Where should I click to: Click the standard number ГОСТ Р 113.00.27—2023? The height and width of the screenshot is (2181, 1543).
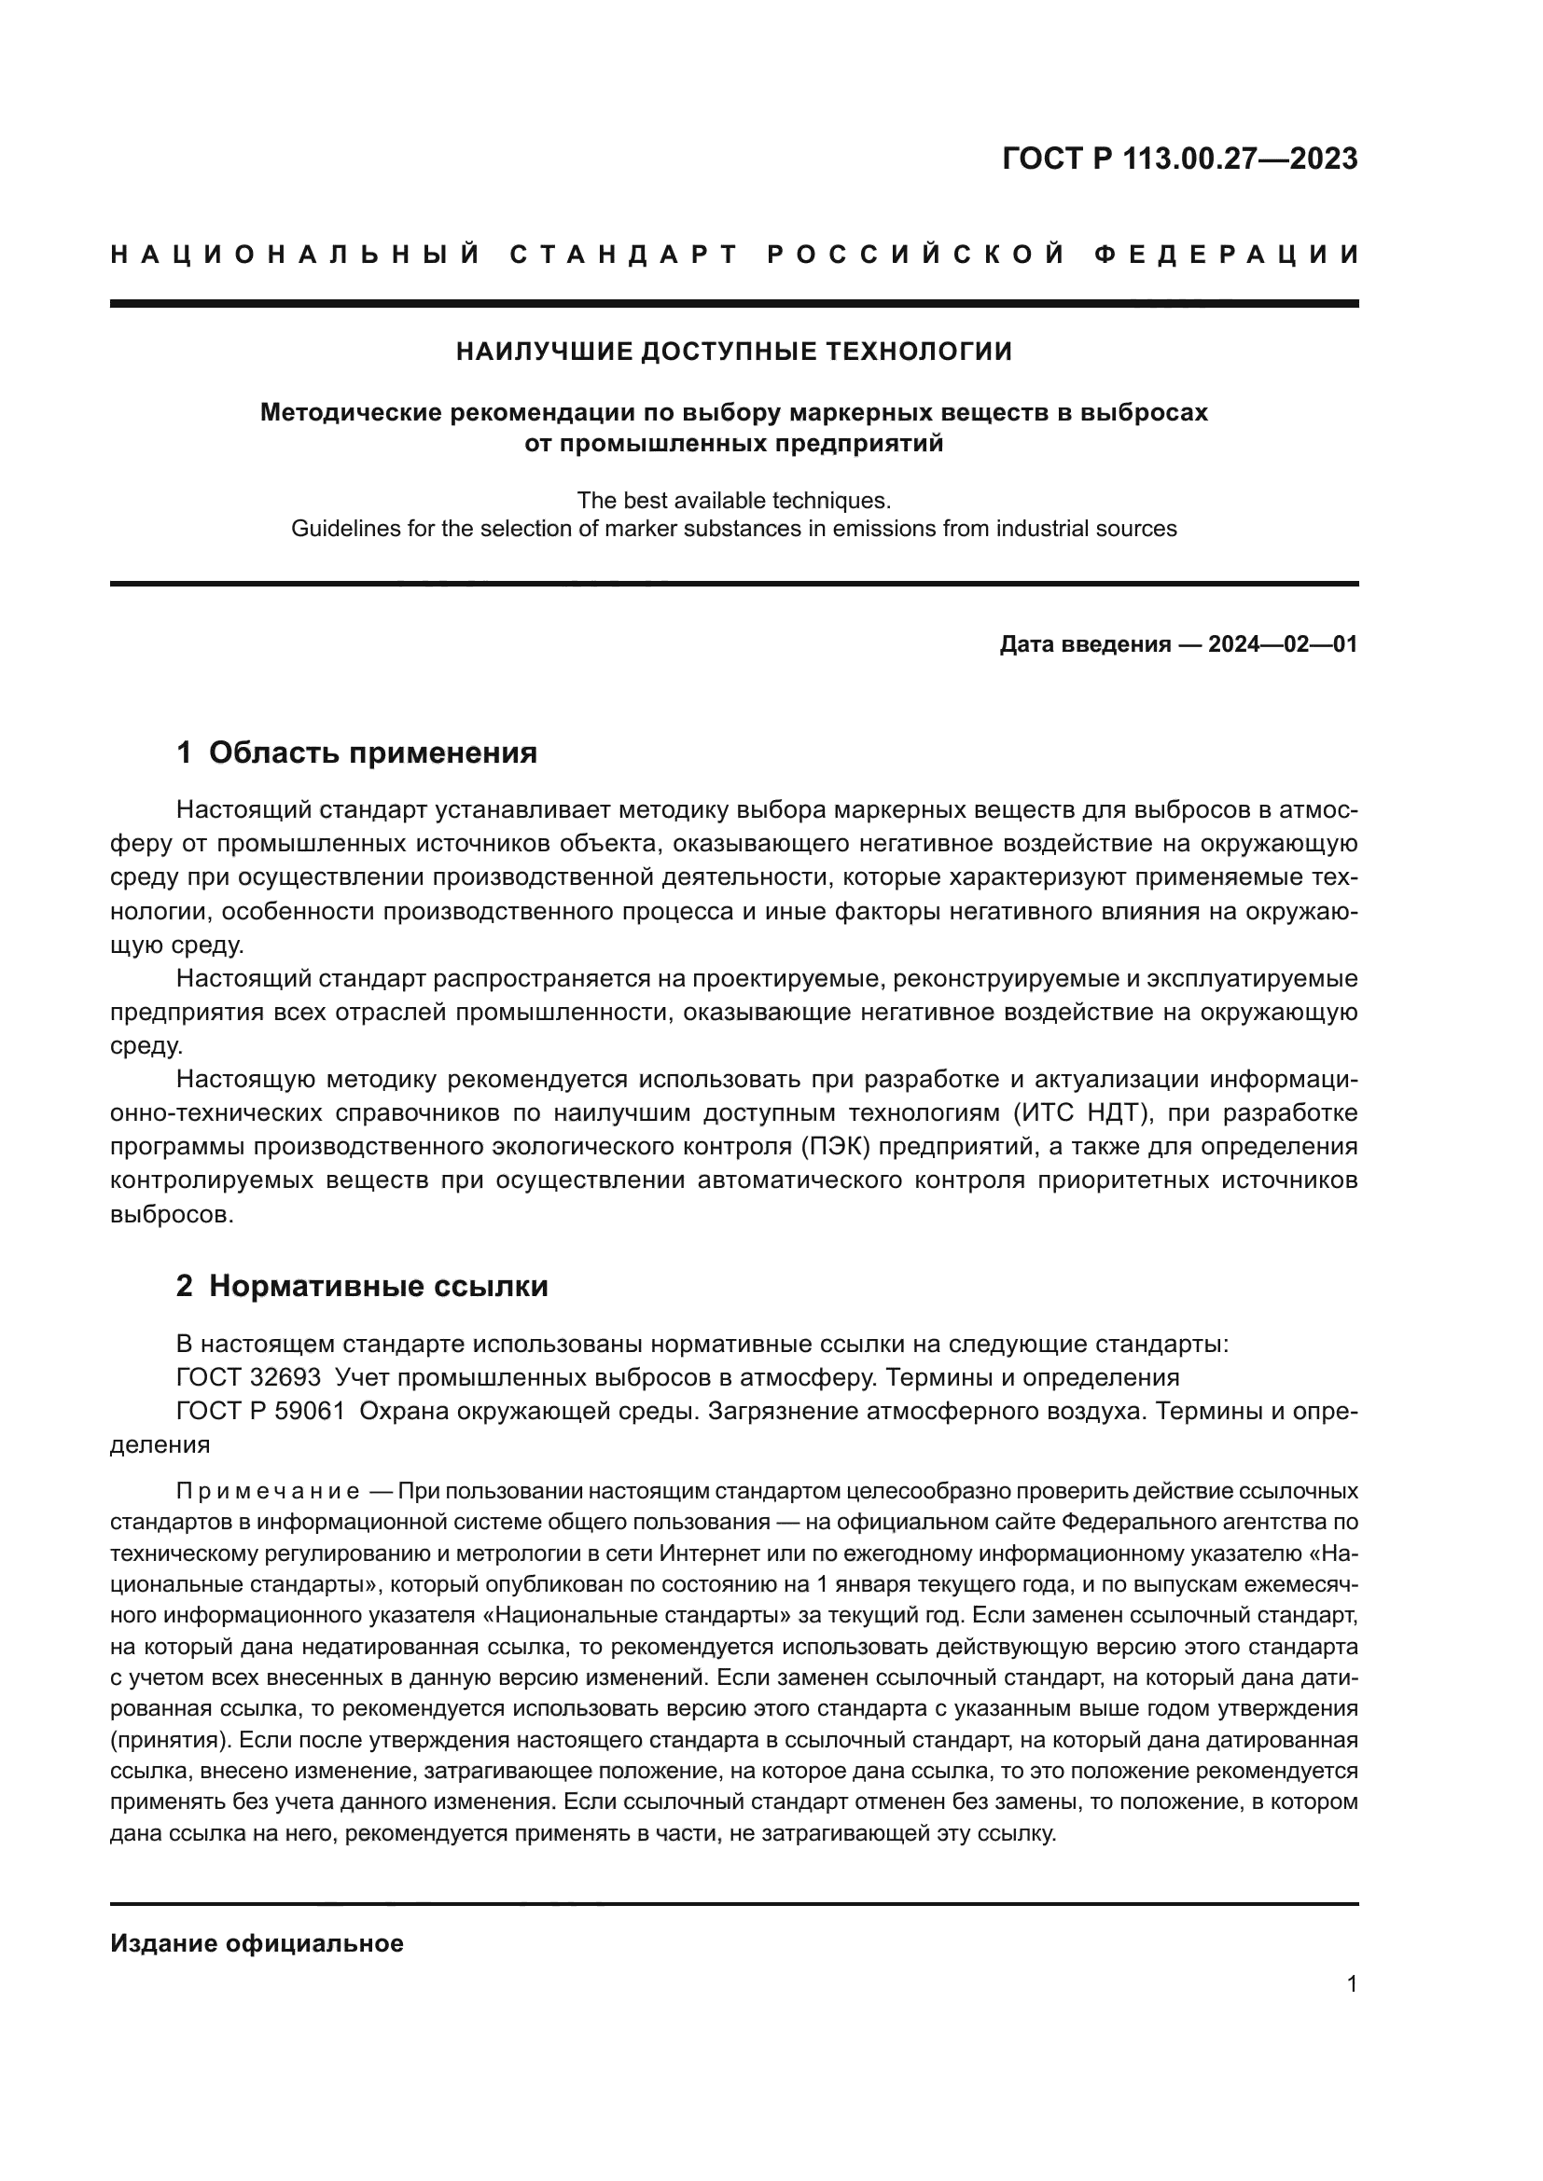click(1179, 159)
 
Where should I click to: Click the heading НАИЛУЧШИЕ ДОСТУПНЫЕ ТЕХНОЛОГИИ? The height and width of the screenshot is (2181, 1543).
click(733, 352)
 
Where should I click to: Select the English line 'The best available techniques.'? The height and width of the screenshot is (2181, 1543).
click(733, 500)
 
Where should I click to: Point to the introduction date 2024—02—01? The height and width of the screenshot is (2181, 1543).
click(1282, 645)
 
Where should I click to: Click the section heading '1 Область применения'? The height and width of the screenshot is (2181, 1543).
click(356, 753)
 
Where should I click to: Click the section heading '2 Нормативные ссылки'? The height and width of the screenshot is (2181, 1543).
click(362, 1286)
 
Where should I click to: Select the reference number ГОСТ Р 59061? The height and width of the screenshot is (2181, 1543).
click(260, 1412)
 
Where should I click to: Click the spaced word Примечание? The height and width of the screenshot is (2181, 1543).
click(268, 1490)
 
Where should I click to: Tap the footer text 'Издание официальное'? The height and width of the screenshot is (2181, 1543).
click(257, 1943)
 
